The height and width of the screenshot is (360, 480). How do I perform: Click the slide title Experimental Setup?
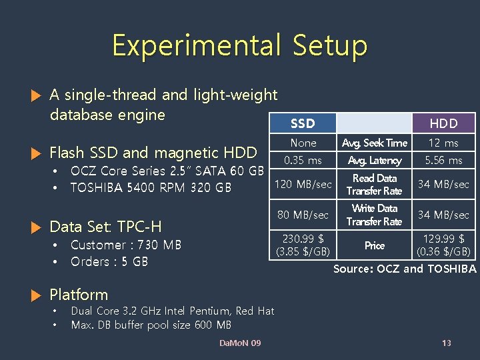[x=239, y=45]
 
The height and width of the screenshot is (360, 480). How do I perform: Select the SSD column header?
[x=303, y=123]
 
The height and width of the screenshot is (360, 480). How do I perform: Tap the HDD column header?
[x=443, y=123]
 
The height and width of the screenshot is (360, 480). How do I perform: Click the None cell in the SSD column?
[x=303, y=143]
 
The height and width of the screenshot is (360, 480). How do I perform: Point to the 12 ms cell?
[x=443, y=143]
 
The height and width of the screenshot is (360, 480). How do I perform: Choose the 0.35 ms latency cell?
[x=303, y=160]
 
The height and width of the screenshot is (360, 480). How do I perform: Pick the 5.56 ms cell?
[x=443, y=160]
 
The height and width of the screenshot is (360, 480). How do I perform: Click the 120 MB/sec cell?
[x=303, y=184]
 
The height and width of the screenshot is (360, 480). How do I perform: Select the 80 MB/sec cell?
[x=303, y=215]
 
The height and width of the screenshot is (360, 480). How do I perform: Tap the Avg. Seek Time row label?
[x=374, y=143]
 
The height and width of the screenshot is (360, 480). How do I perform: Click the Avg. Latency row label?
[x=374, y=160]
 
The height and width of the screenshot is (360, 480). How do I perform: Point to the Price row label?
[x=374, y=245]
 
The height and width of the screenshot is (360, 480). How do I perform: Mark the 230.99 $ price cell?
[x=303, y=245]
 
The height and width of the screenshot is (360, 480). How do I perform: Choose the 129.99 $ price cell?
[x=443, y=245]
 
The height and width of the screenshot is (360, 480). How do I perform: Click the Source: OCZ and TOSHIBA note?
[x=405, y=269]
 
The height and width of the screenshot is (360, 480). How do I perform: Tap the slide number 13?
[x=447, y=343]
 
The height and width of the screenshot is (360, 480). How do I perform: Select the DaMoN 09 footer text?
[x=240, y=343]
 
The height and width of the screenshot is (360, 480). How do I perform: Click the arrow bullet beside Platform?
[x=37, y=295]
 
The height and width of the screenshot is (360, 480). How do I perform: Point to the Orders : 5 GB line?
[x=109, y=261]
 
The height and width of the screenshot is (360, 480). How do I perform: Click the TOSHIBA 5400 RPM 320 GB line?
[x=151, y=187]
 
